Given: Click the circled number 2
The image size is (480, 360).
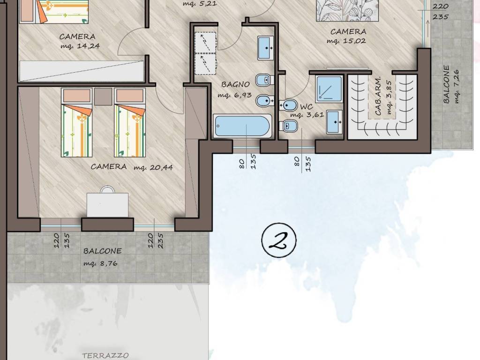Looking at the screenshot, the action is (279, 240).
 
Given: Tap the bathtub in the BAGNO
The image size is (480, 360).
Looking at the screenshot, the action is (242, 126).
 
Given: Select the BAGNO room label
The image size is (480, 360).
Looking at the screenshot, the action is (235, 84).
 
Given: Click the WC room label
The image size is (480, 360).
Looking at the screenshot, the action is (307, 107).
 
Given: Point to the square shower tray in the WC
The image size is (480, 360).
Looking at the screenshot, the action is (329, 88).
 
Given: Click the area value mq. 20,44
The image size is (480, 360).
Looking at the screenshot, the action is (153, 167).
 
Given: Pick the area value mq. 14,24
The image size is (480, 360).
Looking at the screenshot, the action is (80, 46).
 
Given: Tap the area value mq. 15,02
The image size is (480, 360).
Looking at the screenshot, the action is (346, 41).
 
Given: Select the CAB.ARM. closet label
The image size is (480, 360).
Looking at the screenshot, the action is (378, 96).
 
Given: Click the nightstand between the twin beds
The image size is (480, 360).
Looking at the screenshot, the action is (103, 97).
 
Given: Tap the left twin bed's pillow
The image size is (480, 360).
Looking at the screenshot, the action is (76, 96).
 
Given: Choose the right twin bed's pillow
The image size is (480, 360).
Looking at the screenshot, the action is (130, 96).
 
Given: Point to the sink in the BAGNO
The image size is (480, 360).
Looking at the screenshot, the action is (266, 48).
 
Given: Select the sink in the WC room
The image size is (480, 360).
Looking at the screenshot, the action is (334, 122).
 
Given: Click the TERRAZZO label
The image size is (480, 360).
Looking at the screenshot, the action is (105, 355).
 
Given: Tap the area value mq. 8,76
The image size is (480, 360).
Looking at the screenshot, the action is (100, 263).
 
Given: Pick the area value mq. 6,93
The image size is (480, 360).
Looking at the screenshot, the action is (234, 95).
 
